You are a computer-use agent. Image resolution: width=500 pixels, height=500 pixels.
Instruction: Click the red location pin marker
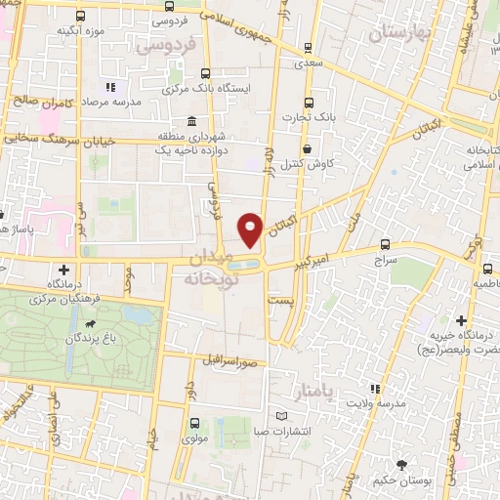tap(251, 230)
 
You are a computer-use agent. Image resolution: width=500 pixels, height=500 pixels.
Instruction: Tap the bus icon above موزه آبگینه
tap(80, 16)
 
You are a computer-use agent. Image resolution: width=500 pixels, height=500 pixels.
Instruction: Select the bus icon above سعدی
tap(309, 47)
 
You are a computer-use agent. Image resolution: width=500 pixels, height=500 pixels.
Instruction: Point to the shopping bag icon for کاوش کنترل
tap(309, 149)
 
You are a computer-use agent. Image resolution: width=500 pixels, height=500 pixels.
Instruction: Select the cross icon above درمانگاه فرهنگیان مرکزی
tap(63, 269)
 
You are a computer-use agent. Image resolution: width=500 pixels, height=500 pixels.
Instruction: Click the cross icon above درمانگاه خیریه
tap(461, 320)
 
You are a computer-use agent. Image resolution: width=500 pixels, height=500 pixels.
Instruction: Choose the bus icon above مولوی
tap(193, 423)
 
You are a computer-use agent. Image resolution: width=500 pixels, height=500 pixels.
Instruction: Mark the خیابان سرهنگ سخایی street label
tap(43, 139)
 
